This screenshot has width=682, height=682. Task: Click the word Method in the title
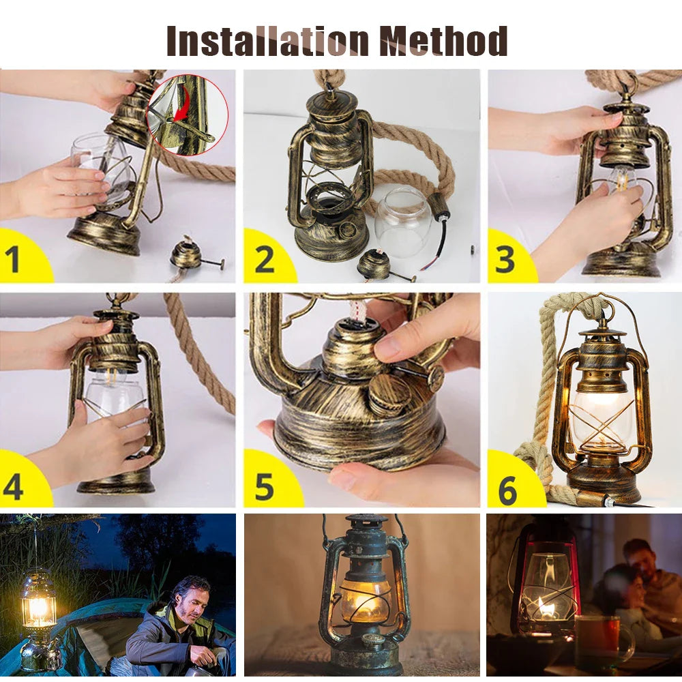click(443, 41)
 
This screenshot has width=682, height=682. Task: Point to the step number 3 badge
click(507, 260)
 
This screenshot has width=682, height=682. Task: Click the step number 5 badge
click(264, 485)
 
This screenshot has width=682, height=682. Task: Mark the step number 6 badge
click(508, 490)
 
